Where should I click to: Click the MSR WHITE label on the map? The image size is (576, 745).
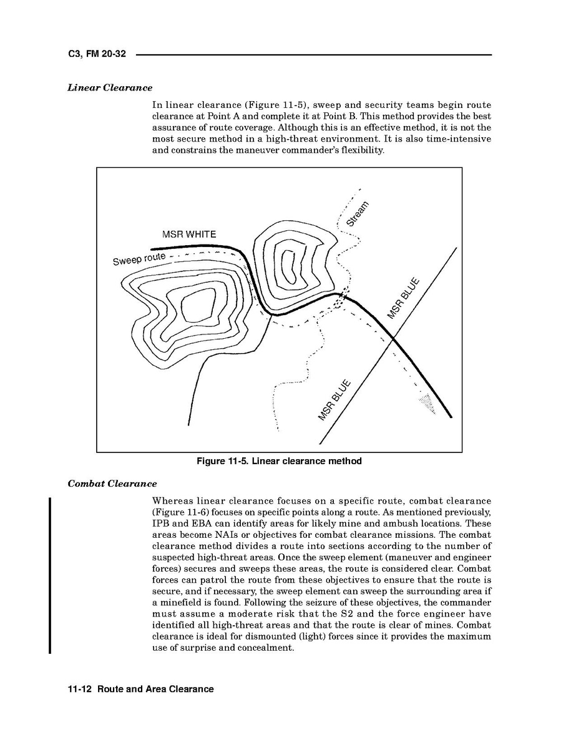tap(189, 235)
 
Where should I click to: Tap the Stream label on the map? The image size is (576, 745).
tap(358, 214)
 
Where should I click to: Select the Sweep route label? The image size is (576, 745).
tap(139, 259)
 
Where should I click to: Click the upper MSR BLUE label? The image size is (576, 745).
tap(402, 298)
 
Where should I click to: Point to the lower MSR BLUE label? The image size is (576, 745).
tap(334, 400)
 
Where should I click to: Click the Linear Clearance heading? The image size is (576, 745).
tap(110, 88)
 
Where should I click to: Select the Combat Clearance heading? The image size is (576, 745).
tap(112, 484)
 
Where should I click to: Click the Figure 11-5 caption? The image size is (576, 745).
tap(279, 462)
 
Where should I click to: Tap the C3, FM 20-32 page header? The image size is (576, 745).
tap(97, 54)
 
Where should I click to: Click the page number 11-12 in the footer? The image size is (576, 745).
tap(80, 689)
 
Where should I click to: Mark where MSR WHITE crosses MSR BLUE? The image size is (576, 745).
tap(393, 338)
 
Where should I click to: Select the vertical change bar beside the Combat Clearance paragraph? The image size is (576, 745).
tap(50, 574)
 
